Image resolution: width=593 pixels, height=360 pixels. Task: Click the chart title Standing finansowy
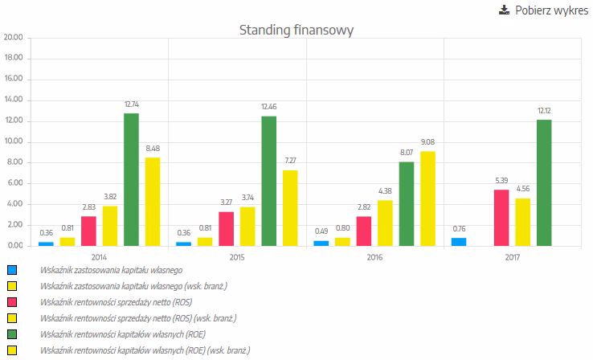[x=296, y=31]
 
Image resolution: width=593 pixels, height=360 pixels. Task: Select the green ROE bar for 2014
[x=131, y=179]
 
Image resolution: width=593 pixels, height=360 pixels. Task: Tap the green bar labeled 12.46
[x=268, y=181]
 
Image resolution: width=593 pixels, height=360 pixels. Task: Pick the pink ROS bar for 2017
[x=501, y=218]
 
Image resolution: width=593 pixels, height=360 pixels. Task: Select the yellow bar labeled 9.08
[x=427, y=198]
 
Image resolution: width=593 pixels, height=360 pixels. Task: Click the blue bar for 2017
[x=459, y=242]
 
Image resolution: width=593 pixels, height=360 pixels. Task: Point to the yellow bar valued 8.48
[x=152, y=202]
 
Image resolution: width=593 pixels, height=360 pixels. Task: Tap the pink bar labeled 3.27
[x=227, y=229]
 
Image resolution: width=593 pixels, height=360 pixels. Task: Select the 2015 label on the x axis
[x=237, y=257]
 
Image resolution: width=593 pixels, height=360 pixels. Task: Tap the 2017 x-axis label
[x=513, y=257]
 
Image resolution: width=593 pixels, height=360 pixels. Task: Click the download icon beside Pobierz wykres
[x=504, y=10]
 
